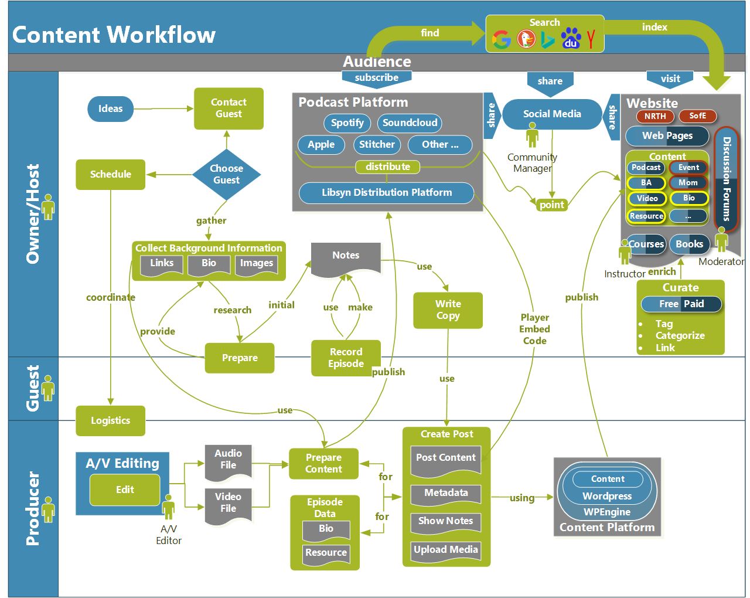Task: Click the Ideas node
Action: tap(110, 108)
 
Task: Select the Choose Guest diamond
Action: tap(226, 174)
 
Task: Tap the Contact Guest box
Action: tap(229, 108)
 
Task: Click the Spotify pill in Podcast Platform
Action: tap(347, 123)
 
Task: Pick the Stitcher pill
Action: tap(377, 144)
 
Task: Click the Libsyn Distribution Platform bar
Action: tap(387, 192)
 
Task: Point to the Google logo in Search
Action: tap(502, 39)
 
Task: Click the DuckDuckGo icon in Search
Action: tap(526, 39)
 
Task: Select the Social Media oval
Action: tap(552, 114)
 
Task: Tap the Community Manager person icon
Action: tap(532, 137)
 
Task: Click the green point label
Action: tap(551, 205)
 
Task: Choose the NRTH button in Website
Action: tap(655, 116)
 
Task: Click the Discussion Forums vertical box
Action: tap(727, 178)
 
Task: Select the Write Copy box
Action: tap(448, 310)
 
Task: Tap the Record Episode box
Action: tap(346, 358)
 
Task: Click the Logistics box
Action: tap(110, 420)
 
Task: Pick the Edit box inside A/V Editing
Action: tap(125, 490)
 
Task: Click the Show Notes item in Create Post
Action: tap(445, 521)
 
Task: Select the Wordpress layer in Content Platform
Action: tap(607, 496)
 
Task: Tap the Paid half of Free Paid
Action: tap(694, 304)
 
